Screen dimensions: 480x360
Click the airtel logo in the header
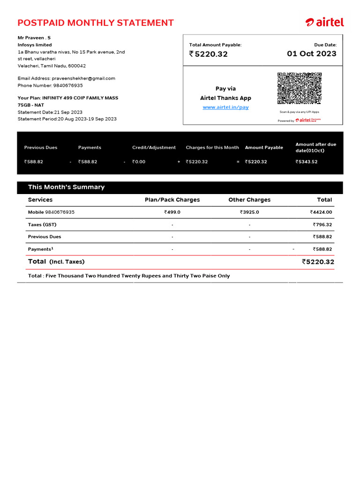coord(324,22)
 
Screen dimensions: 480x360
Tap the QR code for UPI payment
coord(299,88)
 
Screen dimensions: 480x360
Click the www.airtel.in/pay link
coord(225,107)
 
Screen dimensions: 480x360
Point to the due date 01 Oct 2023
coord(311,53)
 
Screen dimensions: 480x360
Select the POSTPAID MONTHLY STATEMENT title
coord(96,22)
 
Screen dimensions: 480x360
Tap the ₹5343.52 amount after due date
coord(307,162)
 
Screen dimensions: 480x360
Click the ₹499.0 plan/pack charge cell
coord(172,212)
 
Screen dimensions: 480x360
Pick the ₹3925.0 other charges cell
coord(249,212)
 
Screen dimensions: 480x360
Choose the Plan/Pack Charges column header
coord(172,200)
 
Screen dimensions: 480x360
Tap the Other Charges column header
coord(249,200)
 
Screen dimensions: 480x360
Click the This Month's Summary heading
coord(66,187)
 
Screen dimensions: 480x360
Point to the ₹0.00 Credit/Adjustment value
coord(139,162)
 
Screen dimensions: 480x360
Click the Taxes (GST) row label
coord(42,225)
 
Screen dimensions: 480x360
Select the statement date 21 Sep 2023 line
coord(50,112)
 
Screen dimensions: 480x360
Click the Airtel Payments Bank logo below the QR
coord(310,120)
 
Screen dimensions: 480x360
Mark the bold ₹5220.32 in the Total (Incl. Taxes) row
coord(318,262)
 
